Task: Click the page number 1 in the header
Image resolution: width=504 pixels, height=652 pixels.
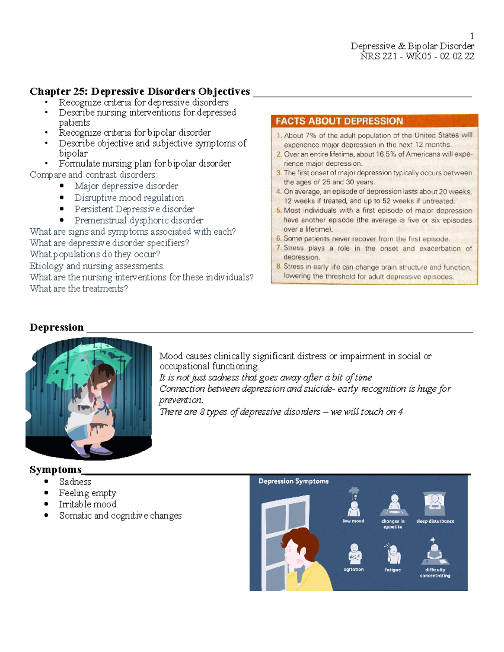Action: click(472, 36)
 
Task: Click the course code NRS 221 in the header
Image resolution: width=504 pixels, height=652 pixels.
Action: click(378, 56)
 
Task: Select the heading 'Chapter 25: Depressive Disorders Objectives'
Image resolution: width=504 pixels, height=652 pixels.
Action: click(139, 92)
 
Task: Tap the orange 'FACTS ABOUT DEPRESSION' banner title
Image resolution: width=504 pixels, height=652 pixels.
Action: click(339, 121)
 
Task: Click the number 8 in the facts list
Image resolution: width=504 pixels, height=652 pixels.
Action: click(278, 266)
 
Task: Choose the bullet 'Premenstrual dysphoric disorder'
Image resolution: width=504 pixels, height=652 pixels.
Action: click(139, 220)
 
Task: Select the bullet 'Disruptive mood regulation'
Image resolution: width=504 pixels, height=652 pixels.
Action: click(129, 198)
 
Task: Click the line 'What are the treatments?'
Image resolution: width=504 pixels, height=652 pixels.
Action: click(79, 288)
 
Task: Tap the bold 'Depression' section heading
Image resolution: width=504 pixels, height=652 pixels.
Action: click(56, 327)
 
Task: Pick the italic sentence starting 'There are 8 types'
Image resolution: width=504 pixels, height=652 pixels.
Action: click(281, 412)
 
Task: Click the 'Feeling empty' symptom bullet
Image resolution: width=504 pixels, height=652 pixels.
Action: click(87, 493)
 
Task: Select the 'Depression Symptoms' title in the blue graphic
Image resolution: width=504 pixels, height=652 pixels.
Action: click(293, 481)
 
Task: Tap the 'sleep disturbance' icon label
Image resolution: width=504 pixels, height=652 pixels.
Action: click(435, 521)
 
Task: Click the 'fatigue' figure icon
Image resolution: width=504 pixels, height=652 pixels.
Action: click(393, 554)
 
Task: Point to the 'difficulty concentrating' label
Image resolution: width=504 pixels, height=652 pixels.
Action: click(435, 573)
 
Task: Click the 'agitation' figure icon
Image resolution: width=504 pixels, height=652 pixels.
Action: click(354, 554)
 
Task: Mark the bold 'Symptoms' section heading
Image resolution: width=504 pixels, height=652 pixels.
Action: click(55, 469)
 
